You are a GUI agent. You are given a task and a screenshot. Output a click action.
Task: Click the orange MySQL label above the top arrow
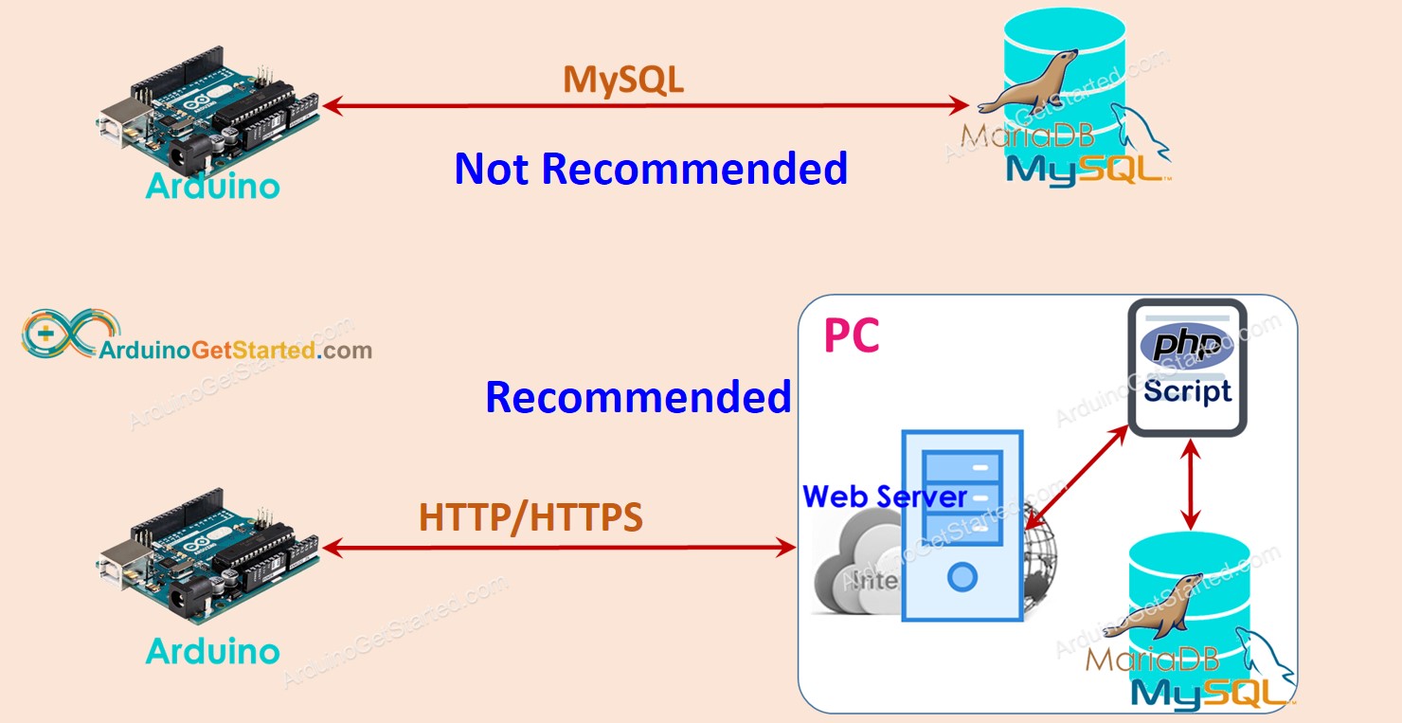(623, 80)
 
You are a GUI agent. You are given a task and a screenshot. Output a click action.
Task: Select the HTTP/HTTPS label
(530, 517)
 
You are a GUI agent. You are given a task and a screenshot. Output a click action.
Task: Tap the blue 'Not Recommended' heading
(651, 169)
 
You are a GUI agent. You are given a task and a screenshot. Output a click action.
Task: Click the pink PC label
(851, 336)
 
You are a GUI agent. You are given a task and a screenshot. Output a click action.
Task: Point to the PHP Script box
(1187, 368)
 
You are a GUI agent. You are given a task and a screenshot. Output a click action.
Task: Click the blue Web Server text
(884, 496)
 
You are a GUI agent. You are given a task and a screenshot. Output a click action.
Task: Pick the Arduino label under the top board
(213, 186)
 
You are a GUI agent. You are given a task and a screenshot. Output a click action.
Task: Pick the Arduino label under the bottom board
(213, 651)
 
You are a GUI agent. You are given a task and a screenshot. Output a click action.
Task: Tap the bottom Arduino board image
(208, 559)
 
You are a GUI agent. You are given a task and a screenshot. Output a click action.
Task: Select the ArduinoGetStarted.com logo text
(236, 351)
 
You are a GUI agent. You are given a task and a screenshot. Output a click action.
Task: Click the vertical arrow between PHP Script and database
(1191, 485)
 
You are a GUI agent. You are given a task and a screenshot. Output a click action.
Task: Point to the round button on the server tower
(962, 576)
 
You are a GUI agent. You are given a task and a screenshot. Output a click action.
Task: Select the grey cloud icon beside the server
(853, 569)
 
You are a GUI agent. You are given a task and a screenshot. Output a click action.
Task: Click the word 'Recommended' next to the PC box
(638, 397)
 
